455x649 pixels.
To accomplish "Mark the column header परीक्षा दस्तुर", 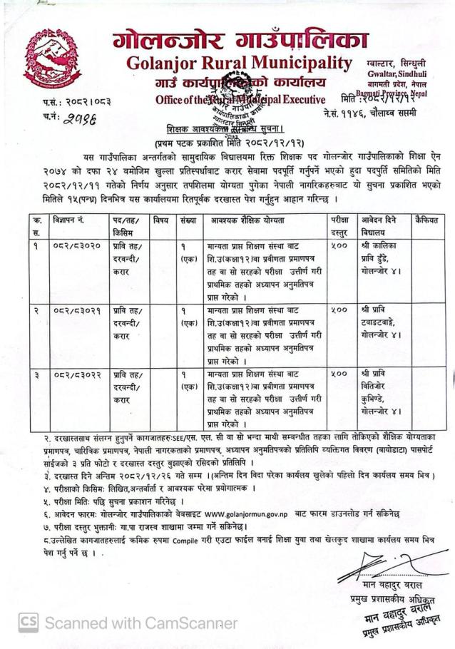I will tap(341, 227).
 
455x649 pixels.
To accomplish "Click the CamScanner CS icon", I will tap(28, 622).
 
